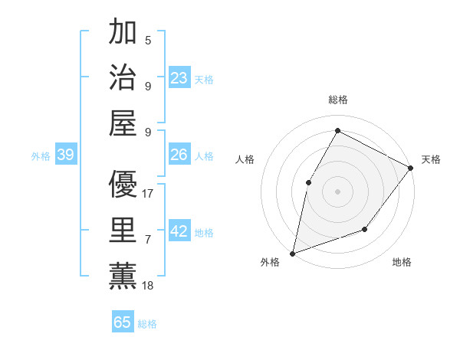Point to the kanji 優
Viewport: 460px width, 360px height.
pos(123,184)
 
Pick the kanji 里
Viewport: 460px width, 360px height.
pos(123,229)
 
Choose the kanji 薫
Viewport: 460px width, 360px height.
pos(123,275)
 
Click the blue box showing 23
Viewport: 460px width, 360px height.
pos(179,77)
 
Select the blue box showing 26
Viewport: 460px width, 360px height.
pos(179,155)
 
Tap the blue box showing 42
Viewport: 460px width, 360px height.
pos(179,231)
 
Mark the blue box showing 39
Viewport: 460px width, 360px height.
pos(65,155)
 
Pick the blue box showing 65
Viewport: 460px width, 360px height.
pos(123,322)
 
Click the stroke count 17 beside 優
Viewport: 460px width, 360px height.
pos(149,194)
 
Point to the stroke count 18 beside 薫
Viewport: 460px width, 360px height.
pos(149,286)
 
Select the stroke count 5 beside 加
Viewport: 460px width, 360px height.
pos(148,41)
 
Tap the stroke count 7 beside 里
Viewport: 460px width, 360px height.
pos(148,240)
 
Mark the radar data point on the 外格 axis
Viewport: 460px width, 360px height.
pos(292,253)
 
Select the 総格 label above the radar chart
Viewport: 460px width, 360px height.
pos(337,100)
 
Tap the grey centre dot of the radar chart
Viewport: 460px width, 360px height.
pos(337,191)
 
